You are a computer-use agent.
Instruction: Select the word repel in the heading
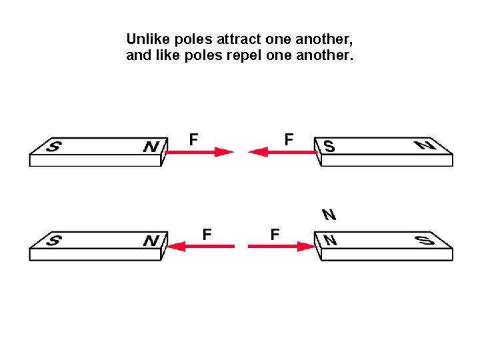pos(245,55)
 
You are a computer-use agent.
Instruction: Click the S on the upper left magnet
pos(51,146)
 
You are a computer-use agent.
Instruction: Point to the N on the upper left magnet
pos(151,146)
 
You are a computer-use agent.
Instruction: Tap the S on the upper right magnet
pos(329,146)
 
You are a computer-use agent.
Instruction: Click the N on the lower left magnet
pos(151,240)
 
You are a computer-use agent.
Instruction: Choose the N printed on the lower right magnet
pos(329,240)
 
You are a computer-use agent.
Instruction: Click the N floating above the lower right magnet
pos(329,215)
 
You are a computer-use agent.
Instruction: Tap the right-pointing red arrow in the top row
pos(199,152)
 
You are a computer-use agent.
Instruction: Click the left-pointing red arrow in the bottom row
pos(200,246)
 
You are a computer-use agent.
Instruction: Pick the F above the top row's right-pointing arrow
pos(193,139)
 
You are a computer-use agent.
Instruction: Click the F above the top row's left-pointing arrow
pos(289,139)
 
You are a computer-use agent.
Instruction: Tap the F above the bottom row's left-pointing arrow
pos(207,234)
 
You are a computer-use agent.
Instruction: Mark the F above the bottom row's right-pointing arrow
pos(275,234)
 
